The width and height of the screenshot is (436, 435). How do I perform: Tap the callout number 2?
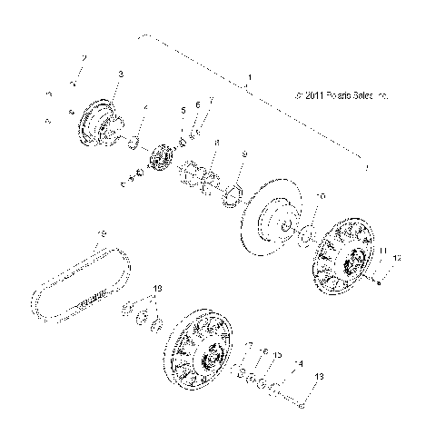84,59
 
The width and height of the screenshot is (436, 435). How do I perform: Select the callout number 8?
216,143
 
